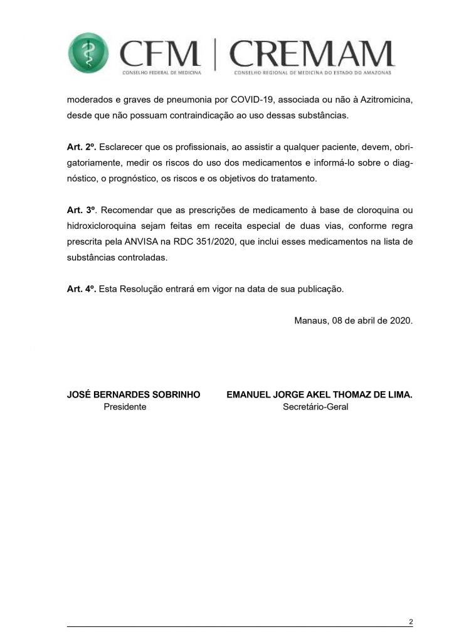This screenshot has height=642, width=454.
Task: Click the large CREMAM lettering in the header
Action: pyautogui.click(x=312, y=54)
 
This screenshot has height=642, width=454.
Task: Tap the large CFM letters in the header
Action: pyautogui.click(x=159, y=54)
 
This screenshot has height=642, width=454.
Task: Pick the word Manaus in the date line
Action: pyautogui.click(x=312, y=320)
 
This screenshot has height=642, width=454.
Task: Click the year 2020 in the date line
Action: pyautogui.click(x=399, y=320)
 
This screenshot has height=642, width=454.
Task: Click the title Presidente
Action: pyautogui.click(x=125, y=407)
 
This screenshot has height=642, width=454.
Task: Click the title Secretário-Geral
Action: pyautogui.click(x=315, y=407)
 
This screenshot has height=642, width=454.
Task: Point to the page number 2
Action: pyautogui.click(x=410, y=622)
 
